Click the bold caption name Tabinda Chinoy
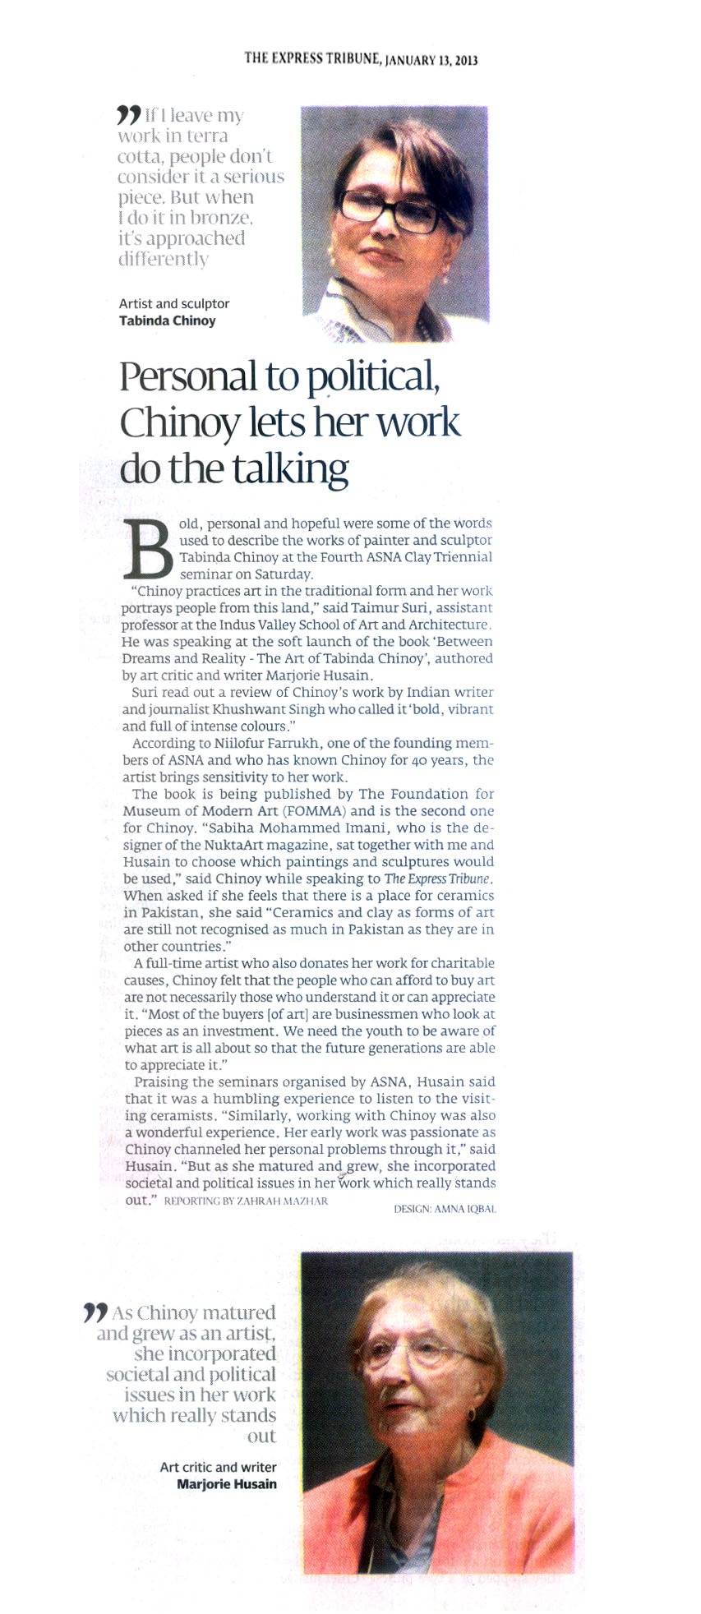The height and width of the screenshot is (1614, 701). [x=168, y=320]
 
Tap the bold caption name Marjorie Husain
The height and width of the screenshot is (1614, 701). [x=227, y=1483]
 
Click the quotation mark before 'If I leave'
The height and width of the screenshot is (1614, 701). [x=129, y=114]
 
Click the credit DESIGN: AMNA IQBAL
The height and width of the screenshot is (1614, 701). [x=445, y=1208]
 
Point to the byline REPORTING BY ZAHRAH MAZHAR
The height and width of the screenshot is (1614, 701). [x=247, y=1201]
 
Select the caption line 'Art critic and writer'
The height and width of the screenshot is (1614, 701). [x=218, y=1466]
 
